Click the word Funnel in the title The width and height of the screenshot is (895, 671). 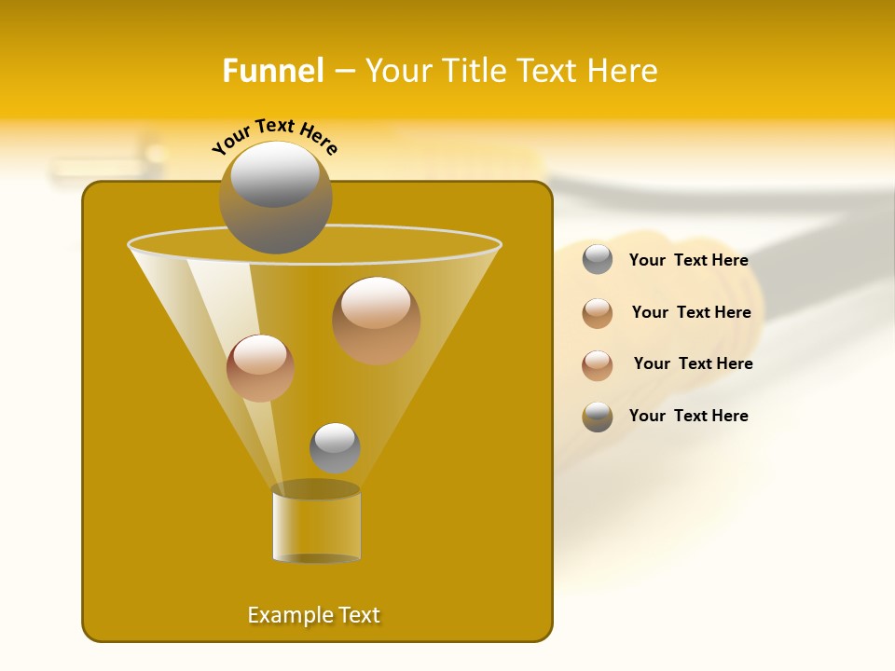273,71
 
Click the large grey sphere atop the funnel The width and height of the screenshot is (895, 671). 275,197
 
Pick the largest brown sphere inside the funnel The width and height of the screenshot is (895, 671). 376,320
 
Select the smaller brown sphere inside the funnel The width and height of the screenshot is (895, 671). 260,368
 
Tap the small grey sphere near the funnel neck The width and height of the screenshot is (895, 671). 335,447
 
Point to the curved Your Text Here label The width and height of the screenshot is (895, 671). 274,136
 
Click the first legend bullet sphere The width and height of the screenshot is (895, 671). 598,259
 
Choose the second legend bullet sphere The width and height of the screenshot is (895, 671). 598,313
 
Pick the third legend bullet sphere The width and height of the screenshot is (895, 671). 598,365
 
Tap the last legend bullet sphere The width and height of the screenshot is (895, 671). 598,417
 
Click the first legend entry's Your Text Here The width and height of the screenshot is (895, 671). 688,260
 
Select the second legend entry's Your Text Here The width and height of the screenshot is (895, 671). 691,312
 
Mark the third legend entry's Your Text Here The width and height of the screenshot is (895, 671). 693,363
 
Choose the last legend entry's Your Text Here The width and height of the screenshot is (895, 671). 688,416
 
